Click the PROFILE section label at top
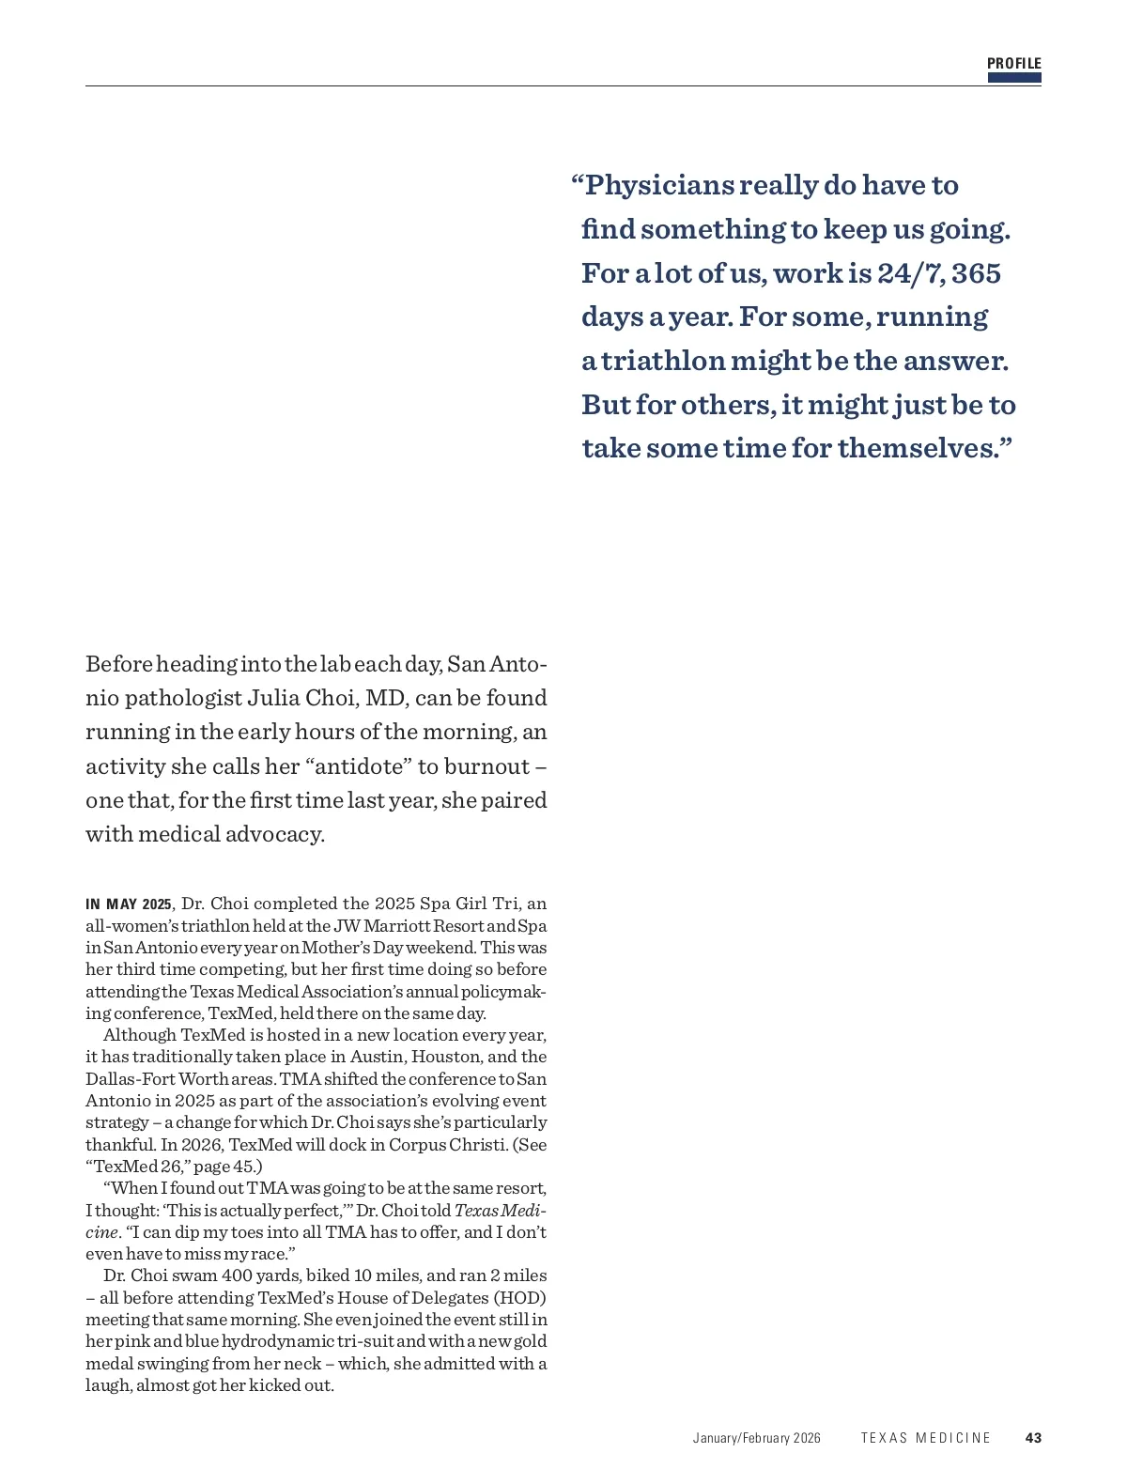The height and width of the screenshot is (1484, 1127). tap(1013, 64)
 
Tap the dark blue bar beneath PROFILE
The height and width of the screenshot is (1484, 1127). tap(1013, 78)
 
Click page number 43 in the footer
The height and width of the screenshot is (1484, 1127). tap(1033, 1438)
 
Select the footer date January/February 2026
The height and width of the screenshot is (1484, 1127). tap(756, 1438)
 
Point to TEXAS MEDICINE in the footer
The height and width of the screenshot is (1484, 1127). tap(925, 1438)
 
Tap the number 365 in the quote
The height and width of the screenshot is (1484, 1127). tap(976, 273)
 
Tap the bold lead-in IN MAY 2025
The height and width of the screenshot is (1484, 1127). tap(129, 904)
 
